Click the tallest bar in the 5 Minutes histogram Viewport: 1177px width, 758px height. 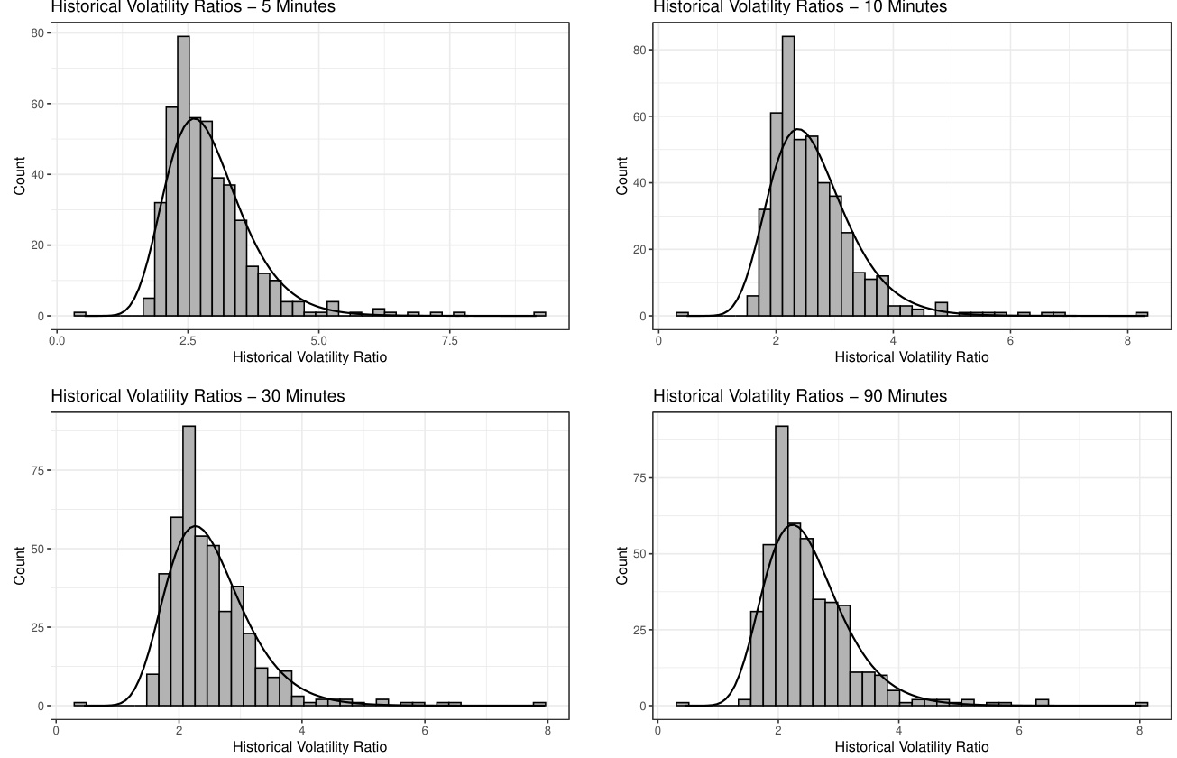[183, 176]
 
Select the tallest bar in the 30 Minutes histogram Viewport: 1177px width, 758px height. [189, 566]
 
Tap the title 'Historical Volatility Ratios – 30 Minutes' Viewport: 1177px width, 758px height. [198, 396]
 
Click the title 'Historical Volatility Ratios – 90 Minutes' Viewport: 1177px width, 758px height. [800, 396]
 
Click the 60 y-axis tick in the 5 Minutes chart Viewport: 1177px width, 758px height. [39, 104]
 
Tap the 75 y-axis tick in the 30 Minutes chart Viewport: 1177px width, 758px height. [39, 470]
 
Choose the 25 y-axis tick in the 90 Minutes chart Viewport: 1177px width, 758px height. [640, 630]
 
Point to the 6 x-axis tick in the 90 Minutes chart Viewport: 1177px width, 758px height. [1018, 731]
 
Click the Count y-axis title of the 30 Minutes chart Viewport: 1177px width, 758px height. [20, 565]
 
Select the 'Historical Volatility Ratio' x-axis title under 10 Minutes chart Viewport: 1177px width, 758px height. [911, 357]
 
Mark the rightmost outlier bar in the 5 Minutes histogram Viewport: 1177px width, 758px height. [539, 314]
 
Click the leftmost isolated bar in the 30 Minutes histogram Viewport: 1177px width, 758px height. [80, 704]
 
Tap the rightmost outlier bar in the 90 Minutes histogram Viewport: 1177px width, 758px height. [1141, 704]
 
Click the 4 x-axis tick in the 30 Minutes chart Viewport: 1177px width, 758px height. [302, 731]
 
